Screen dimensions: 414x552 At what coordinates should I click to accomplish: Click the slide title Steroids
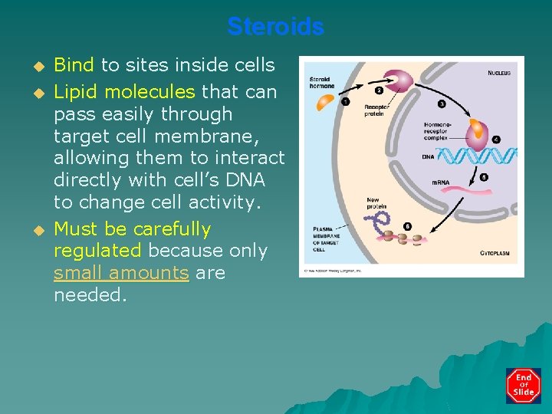[x=275, y=27]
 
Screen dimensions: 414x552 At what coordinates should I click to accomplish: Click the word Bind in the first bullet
[x=74, y=64]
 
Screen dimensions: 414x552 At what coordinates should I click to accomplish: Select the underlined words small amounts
[x=121, y=272]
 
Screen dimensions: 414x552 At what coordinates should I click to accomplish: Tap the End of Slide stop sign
[x=523, y=386]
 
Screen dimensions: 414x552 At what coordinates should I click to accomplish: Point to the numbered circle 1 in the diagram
[x=346, y=102]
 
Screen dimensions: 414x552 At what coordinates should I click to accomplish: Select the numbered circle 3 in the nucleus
[x=442, y=103]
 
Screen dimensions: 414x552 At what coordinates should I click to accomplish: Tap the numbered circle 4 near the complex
[x=496, y=140]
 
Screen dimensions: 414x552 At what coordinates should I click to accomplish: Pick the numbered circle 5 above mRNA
[x=484, y=177]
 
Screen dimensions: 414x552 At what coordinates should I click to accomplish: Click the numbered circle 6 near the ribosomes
[x=406, y=226]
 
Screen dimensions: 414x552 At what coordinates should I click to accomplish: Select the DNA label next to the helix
[x=428, y=157]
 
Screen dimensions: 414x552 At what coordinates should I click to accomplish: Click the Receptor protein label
[x=376, y=111]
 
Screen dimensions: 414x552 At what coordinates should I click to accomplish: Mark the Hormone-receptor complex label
[x=438, y=131]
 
